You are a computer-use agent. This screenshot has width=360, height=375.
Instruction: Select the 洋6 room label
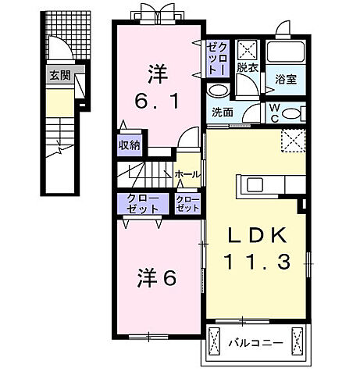156,277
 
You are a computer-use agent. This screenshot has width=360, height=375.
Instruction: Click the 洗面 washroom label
223,112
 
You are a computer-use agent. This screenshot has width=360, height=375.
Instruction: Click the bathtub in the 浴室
287,52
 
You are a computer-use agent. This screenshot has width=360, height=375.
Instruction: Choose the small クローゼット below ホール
187,205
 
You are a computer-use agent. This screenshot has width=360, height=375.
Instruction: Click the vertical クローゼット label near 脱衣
216,58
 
